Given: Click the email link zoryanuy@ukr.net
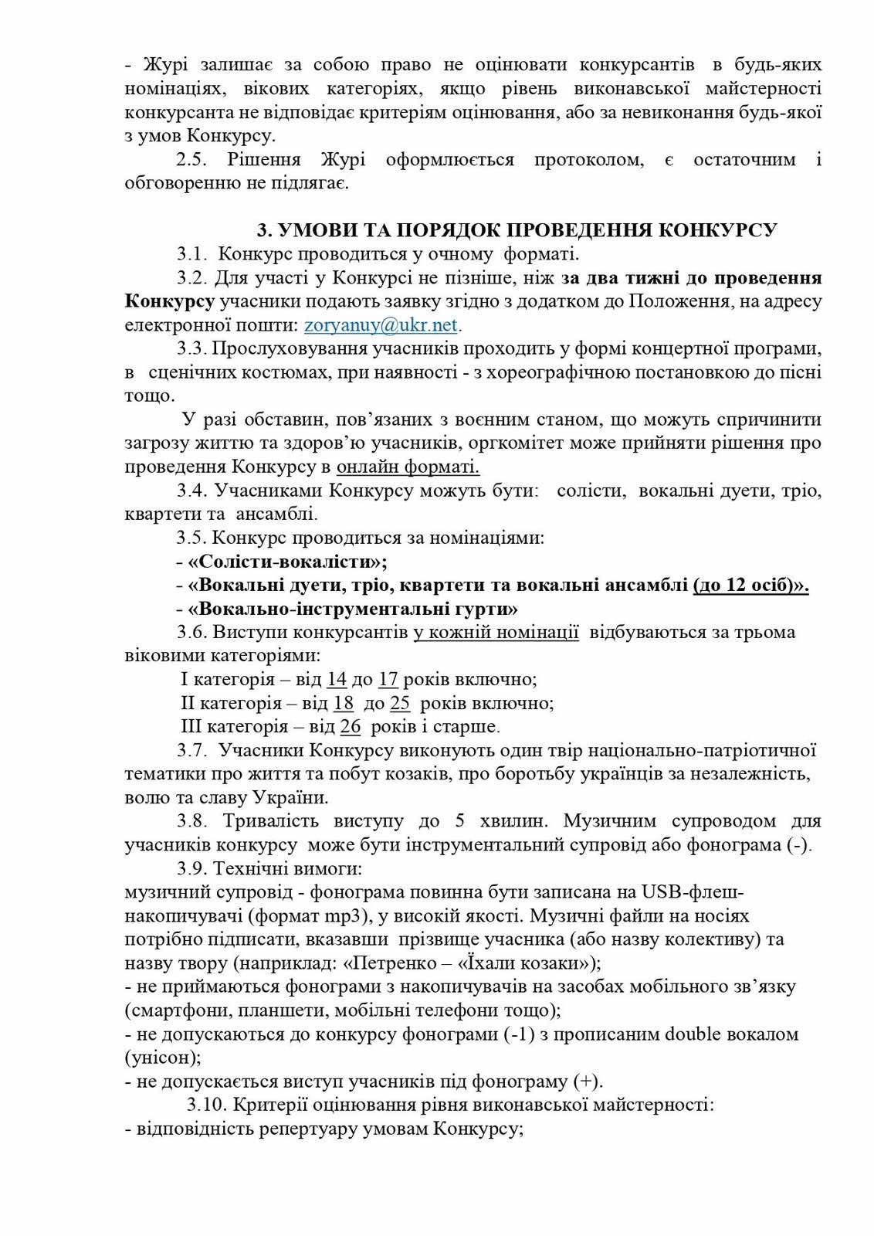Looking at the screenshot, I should (381, 324).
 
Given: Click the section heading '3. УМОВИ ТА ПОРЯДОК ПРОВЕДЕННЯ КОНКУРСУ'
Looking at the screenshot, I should (517, 230).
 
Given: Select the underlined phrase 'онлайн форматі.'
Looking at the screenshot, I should (408, 467).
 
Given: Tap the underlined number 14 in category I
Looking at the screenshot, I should (336, 680).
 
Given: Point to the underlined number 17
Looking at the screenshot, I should (388, 680).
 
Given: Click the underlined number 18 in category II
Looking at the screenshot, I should (344, 704).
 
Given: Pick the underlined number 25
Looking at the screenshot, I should (399, 704).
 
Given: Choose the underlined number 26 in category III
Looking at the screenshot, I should (350, 727).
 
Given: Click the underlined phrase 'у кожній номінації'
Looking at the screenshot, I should (496, 633).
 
